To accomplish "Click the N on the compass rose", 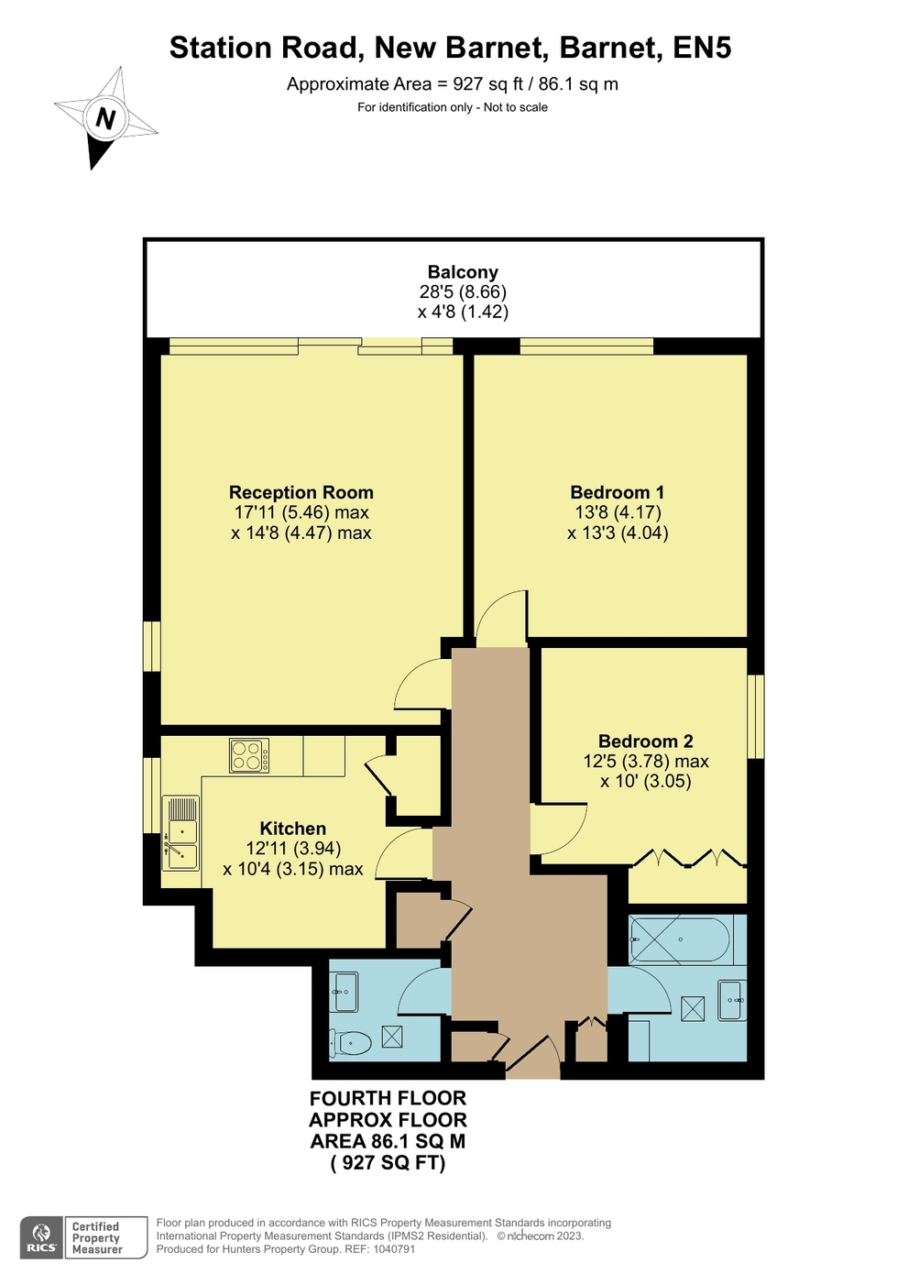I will click(x=106, y=119).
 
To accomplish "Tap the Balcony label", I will click(x=463, y=272).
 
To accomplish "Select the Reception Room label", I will click(x=301, y=492).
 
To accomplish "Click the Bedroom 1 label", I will click(x=617, y=492).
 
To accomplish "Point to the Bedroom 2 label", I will click(x=645, y=741).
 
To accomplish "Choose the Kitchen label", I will click(x=292, y=828).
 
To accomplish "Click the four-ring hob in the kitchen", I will click(x=249, y=756).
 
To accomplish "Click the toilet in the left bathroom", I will click(x=351, y=1042).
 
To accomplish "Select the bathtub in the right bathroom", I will click(x=680, y=939).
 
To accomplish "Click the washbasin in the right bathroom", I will click(x=732, y=1000).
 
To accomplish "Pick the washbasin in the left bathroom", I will click(x=345, y=993).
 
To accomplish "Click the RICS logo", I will click(x=41, y=1237).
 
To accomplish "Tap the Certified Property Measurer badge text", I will click(x=97, y=1238).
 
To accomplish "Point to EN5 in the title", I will click(x=702, y=48).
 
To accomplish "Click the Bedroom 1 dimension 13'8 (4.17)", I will click(x=618, y=512).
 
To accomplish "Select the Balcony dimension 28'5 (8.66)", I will click(x=463, y=292).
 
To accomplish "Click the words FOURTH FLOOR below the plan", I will click(x=388, y=1098).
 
